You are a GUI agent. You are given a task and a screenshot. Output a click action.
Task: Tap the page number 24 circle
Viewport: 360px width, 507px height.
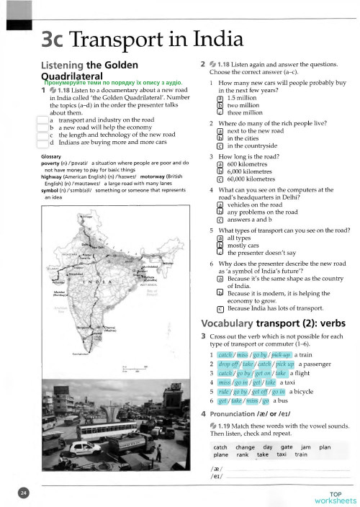[24, 493]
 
